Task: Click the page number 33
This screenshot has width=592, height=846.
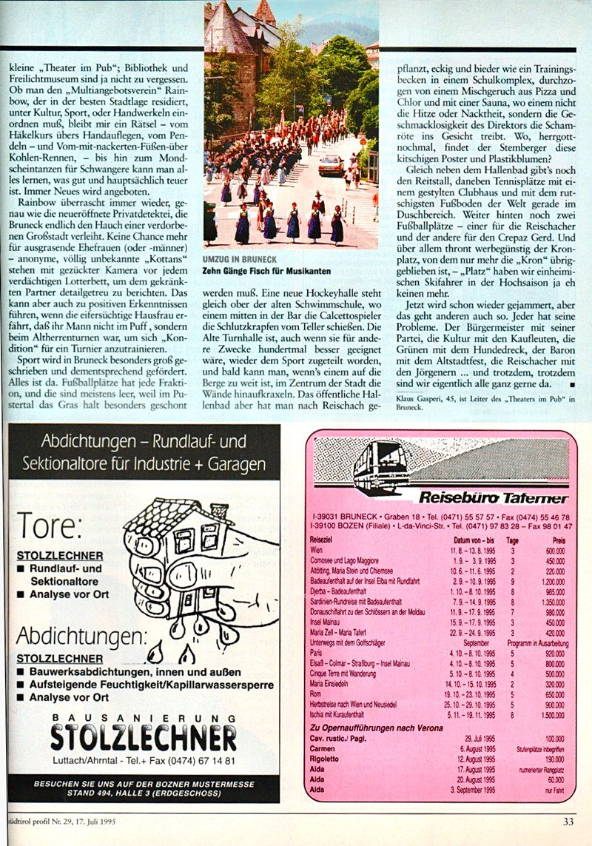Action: click(x=567, y=820)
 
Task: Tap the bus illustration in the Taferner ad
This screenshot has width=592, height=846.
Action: click(x=380, y=466)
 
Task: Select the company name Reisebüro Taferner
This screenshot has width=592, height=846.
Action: click(x=494, y=497)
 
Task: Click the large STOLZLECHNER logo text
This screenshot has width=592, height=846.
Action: click(x=144, y=737)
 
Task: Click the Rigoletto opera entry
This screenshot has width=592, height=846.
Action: click(x=325, y=759)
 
